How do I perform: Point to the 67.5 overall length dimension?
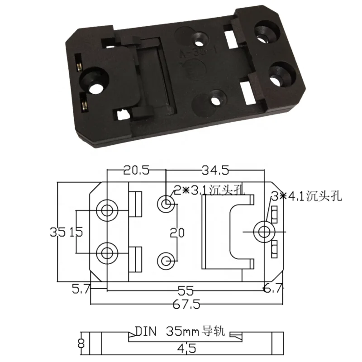186,304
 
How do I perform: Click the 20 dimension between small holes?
178,233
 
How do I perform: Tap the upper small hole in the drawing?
166,204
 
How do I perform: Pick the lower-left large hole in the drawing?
108,252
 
